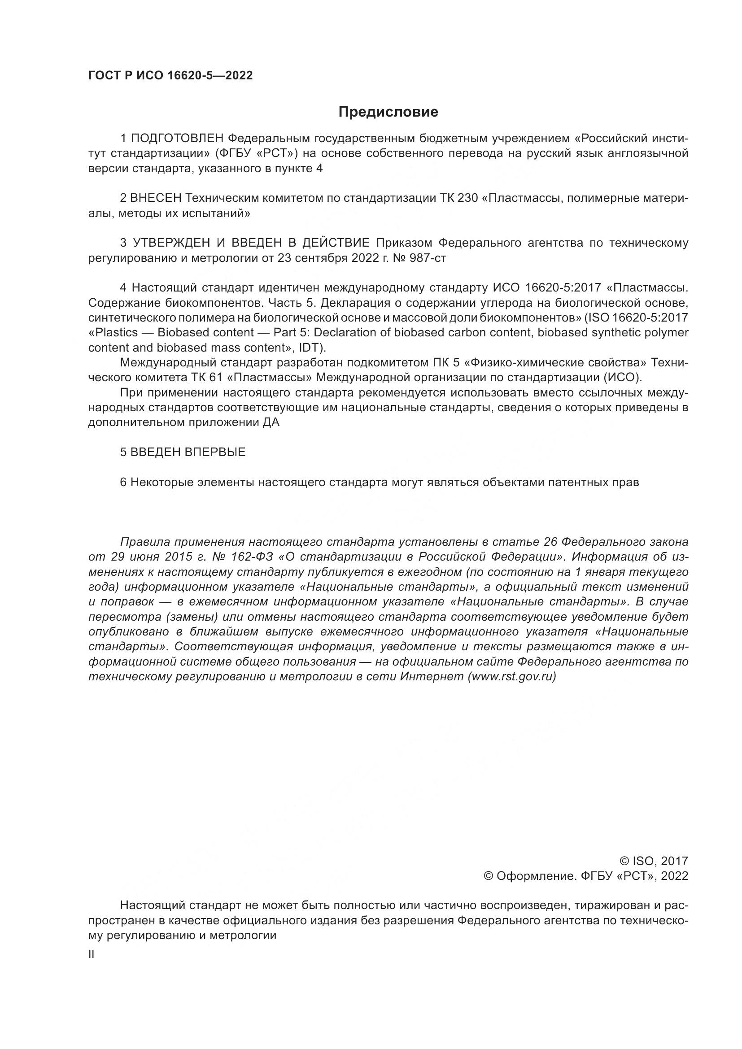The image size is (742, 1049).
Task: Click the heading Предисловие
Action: [x=388, y=112]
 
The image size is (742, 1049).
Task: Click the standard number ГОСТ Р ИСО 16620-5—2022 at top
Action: [x=170, y=76]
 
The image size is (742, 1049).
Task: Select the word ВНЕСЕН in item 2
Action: [x=156, y=198]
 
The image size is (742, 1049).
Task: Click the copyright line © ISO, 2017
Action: [x=653, y=861]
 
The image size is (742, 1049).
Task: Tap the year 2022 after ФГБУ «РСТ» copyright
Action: [x=674, y=876]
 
